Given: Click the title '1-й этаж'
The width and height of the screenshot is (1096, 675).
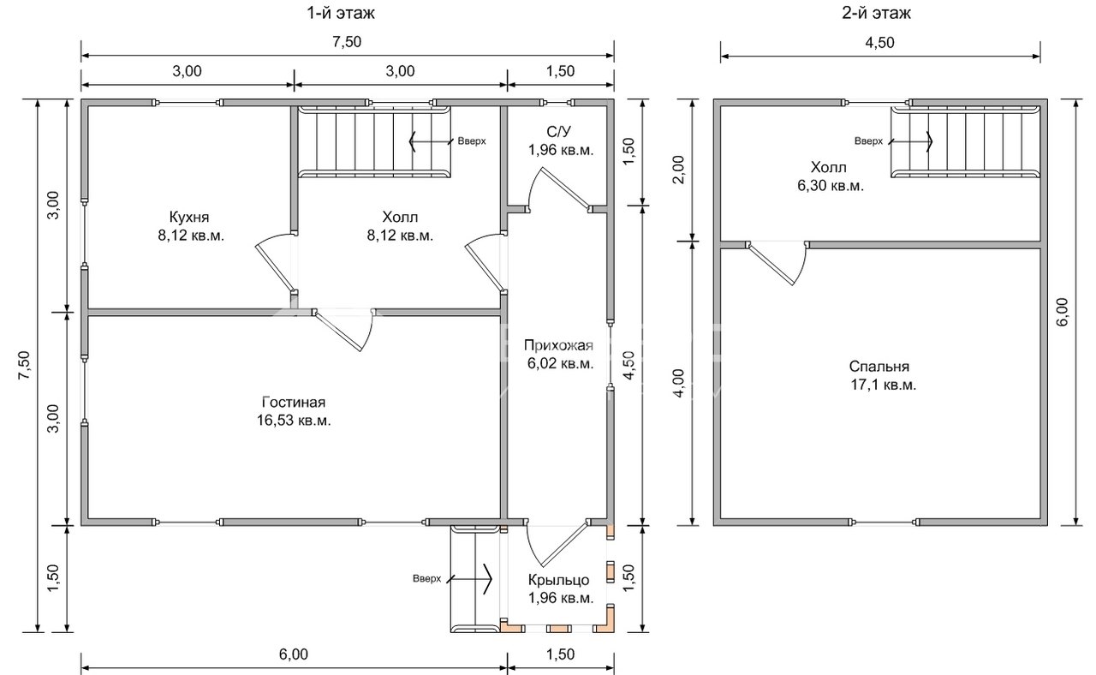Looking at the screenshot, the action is click(341, 13).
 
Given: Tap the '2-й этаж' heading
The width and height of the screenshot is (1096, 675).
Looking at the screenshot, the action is click(876, 13).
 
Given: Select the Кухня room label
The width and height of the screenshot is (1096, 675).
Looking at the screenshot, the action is click(189, 217).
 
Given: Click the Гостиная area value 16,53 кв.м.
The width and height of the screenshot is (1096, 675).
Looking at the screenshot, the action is click(294, 421).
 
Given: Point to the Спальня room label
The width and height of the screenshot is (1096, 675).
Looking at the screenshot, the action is click(879, 366).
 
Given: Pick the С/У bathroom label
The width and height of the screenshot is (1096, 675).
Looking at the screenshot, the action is click(559, 131).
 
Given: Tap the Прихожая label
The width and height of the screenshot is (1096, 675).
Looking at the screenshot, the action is click(558, 345).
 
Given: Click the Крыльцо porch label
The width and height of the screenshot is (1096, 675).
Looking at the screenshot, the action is click(558, 580).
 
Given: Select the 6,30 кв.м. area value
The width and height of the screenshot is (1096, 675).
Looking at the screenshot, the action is click(831, 186).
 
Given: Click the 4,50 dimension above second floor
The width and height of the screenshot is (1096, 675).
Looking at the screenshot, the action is click(879, 43).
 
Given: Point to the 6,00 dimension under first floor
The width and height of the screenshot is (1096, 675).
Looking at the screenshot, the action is click(294, 654).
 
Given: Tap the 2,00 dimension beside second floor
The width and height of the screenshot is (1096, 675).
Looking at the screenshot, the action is click(679, 170).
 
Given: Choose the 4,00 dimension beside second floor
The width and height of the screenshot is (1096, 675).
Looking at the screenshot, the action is click(679, 383).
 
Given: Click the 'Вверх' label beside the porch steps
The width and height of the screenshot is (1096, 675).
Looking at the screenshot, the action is click(426, 578).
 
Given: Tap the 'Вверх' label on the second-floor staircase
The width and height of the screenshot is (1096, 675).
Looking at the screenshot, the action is click(868, 141).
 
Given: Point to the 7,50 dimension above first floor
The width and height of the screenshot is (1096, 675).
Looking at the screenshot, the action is click(347, 42).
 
